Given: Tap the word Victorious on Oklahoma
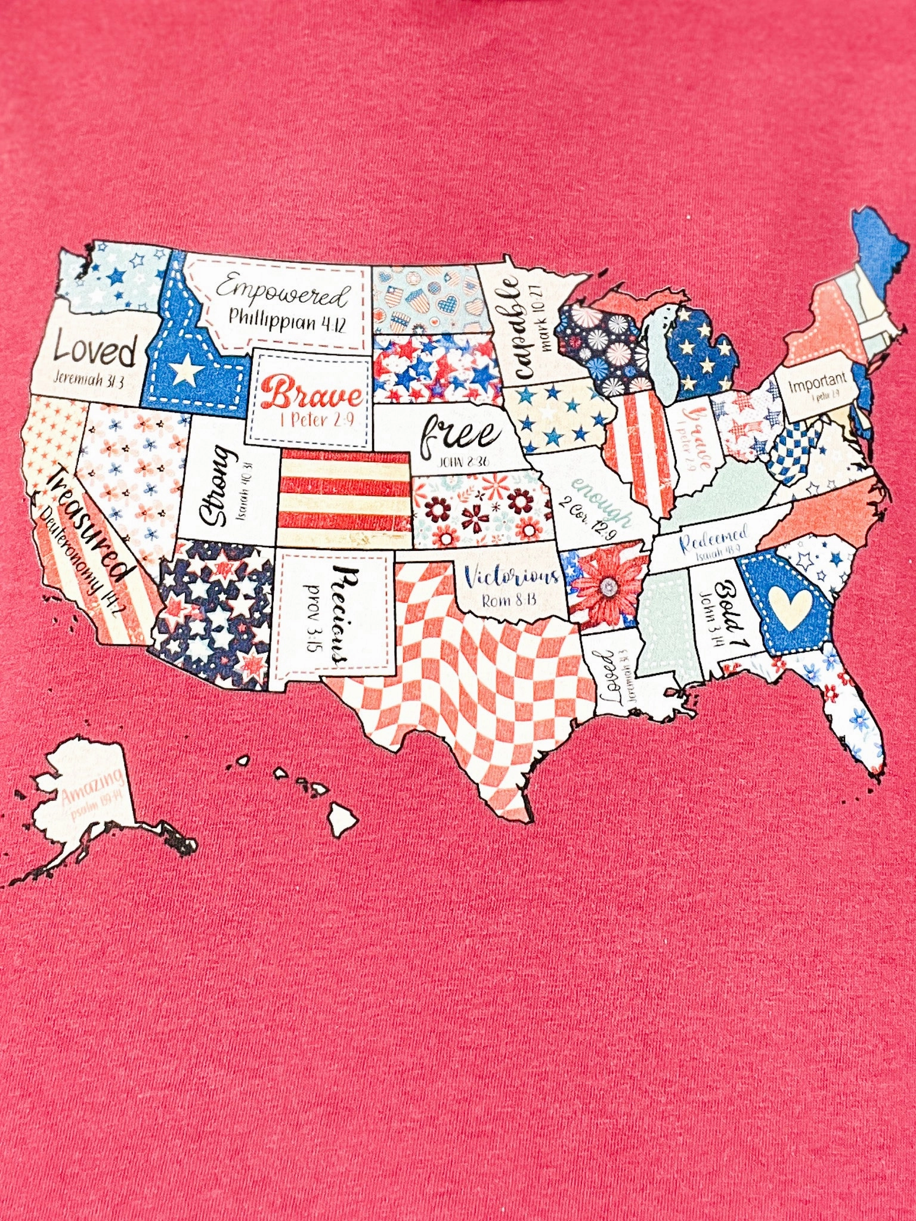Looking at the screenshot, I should (x=511, y=577).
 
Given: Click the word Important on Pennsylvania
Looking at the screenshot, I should (x=817, y=382).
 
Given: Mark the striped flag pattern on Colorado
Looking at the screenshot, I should (x=345, y=498).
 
